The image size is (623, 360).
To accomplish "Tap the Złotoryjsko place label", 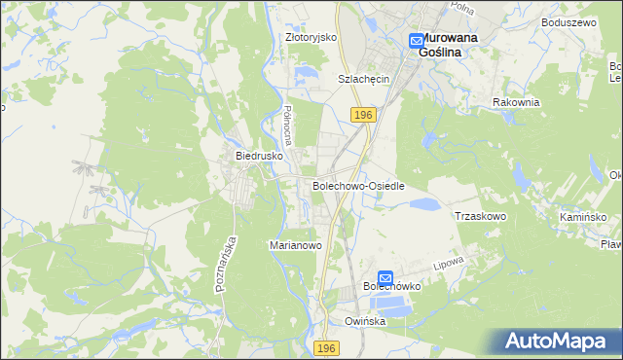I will tap(311, 37).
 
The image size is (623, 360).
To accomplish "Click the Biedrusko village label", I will tap(258, 155).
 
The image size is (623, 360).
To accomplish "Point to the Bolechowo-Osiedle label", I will tap(358, 185).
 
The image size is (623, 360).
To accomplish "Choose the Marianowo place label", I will tap(295, 246).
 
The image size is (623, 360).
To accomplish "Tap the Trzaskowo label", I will tap(481, 216).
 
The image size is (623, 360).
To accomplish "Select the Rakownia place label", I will tap(516, 102).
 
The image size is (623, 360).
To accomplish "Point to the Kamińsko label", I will tap(584, 217).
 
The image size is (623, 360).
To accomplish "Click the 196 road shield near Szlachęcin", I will tap(363, 115).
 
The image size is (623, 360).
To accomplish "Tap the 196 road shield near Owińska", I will tap(328, 347).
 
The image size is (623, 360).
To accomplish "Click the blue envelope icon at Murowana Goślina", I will tap(416, 41).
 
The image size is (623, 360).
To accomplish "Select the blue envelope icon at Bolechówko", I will tap(385, 277).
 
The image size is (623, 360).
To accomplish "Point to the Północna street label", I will tap(287, 124).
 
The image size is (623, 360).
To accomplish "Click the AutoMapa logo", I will tap(559, 342).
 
